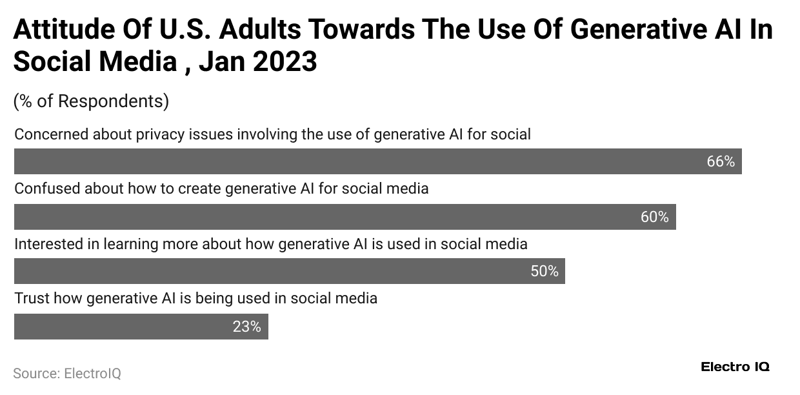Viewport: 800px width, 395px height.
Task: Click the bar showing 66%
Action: click(377, 161)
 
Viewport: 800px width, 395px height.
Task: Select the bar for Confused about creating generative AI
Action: click(345, 217)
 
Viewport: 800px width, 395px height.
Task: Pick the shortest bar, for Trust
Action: click(141, 327)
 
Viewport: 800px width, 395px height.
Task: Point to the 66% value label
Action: click(721, 162)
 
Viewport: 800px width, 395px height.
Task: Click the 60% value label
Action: click(654, 218)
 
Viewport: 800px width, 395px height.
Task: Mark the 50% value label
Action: click(544, 272)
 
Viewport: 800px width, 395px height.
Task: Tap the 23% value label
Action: click(246, 327)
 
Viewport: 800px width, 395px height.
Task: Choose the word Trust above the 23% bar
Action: click(32, 299)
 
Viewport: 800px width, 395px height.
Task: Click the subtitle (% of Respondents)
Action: click(91, 101)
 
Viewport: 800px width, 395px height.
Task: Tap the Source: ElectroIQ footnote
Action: click(67, 373)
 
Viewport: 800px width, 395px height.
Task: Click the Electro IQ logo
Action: click(735, 367)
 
